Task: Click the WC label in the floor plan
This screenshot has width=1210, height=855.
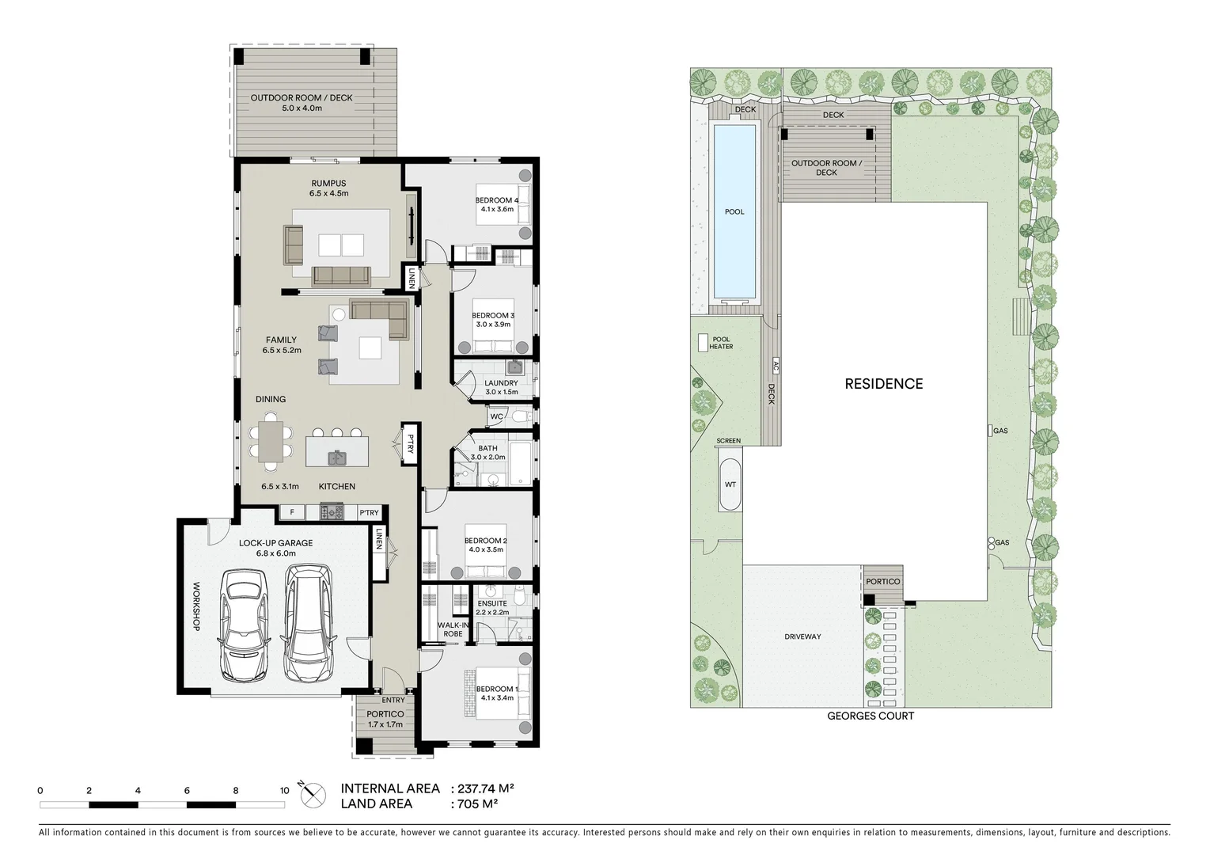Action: (x=496, y=416)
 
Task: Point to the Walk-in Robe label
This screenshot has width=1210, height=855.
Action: (x=453, y=629)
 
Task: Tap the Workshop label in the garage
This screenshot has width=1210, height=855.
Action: (x=196, y=606)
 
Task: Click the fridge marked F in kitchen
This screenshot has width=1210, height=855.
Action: (x=292, y=513)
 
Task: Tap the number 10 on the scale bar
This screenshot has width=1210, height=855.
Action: (x=284, y=790)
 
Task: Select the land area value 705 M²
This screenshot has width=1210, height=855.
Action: (x=477, y=804)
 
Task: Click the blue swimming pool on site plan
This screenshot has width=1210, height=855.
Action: (x=734, y=211)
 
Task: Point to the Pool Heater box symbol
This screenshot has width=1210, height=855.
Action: (x=703, y=343)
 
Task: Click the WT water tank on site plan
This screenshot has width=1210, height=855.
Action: (x=730, y=484)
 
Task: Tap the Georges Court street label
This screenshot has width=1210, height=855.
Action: (x=871, y=716)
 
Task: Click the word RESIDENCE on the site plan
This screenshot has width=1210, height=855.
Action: (x=883, y=384)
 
